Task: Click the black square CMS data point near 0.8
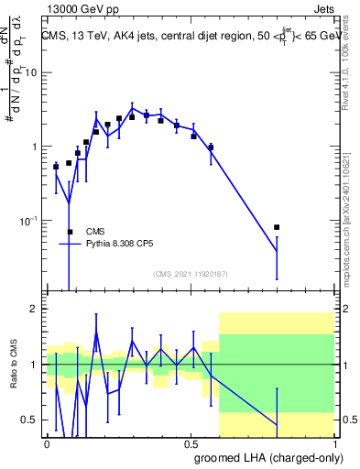pos(277,227)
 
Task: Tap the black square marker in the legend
pos(70,232)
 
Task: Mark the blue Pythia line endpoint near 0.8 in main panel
pos(277,251)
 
